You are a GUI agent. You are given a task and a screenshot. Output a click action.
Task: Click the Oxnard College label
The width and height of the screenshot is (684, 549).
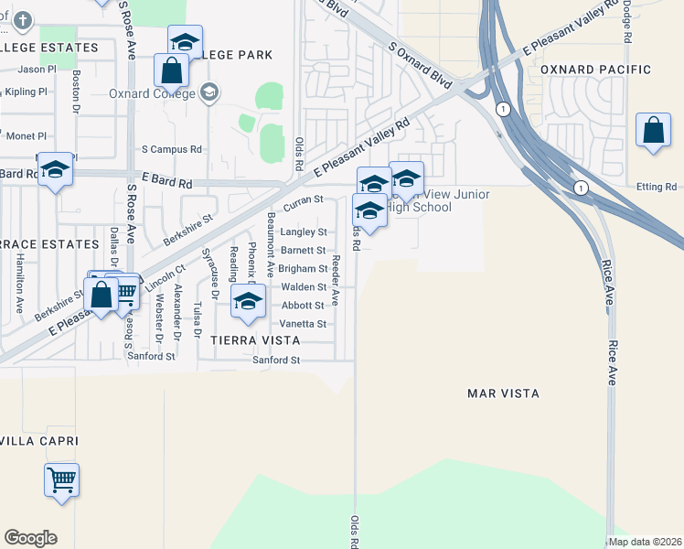(x=152, y=93)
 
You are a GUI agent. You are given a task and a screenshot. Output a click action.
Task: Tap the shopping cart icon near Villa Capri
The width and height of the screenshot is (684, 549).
(x=61, y=479)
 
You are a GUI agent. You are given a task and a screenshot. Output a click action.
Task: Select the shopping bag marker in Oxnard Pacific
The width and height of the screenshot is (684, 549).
(x=654, y=131)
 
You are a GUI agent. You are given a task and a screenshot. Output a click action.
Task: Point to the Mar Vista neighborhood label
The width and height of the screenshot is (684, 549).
(x=503, y=393)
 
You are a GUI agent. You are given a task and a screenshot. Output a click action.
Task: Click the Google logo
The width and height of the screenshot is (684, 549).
(x=30, y=538)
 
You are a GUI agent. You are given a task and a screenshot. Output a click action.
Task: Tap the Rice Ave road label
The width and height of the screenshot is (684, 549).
(x=612, y=320)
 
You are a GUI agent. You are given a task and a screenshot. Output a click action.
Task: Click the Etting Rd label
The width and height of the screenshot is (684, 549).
(x=657, y=188)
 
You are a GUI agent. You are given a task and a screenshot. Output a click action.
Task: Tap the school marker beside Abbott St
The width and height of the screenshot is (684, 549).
(x=247, y=302)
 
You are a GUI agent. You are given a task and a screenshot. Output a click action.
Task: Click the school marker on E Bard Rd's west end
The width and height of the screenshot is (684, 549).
(x=55, y=170)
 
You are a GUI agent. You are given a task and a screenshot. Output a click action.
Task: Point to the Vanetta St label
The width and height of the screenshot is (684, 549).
(x=304, y=324)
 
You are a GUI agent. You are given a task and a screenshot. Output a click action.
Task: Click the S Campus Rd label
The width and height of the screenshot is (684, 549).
(x=171, y=149)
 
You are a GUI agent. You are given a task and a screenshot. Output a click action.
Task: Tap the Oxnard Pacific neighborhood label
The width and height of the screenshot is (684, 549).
(x=595, y=70)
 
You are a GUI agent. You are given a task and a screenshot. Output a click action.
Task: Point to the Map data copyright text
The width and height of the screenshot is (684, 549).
(x=646, y=542)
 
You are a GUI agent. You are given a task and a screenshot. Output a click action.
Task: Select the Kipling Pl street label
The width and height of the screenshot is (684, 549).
(x=26, y=92)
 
